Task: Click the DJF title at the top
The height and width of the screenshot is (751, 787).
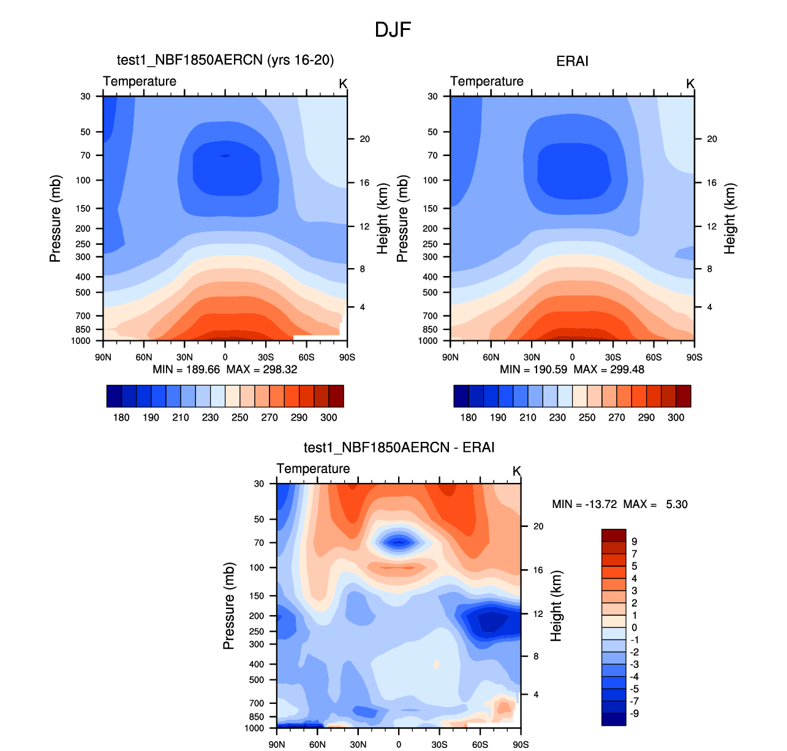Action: (393, 29)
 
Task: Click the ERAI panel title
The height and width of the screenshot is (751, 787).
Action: (572, 61)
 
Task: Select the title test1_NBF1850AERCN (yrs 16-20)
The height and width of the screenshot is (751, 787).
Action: (225, 60)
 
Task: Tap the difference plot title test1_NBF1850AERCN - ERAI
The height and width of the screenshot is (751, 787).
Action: (399, 447)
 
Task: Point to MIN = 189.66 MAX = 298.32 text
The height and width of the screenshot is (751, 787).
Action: (225, 369)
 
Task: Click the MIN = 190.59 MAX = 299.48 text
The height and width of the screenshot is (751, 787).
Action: (572, 369)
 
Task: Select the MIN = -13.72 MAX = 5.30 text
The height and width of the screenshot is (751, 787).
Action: (619, 504)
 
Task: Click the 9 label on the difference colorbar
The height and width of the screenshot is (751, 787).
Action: (634, 542)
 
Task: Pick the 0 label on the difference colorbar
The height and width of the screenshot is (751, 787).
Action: (634, 627)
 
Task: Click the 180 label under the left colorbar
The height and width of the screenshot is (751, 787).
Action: (121, 417)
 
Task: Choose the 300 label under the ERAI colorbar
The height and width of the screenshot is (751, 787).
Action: (676, 417)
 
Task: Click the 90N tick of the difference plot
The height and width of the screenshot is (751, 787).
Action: (277, 744)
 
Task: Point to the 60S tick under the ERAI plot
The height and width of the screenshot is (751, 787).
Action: (653, 357)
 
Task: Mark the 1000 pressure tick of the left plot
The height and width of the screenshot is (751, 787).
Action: (81, 341)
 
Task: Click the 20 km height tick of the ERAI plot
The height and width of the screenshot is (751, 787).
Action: (712, 139)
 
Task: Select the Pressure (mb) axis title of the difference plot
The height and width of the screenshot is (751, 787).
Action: (228, 606)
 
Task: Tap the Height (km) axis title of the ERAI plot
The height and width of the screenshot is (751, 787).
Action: (729, 219)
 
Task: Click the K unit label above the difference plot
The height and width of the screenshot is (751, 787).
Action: (516, 471)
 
